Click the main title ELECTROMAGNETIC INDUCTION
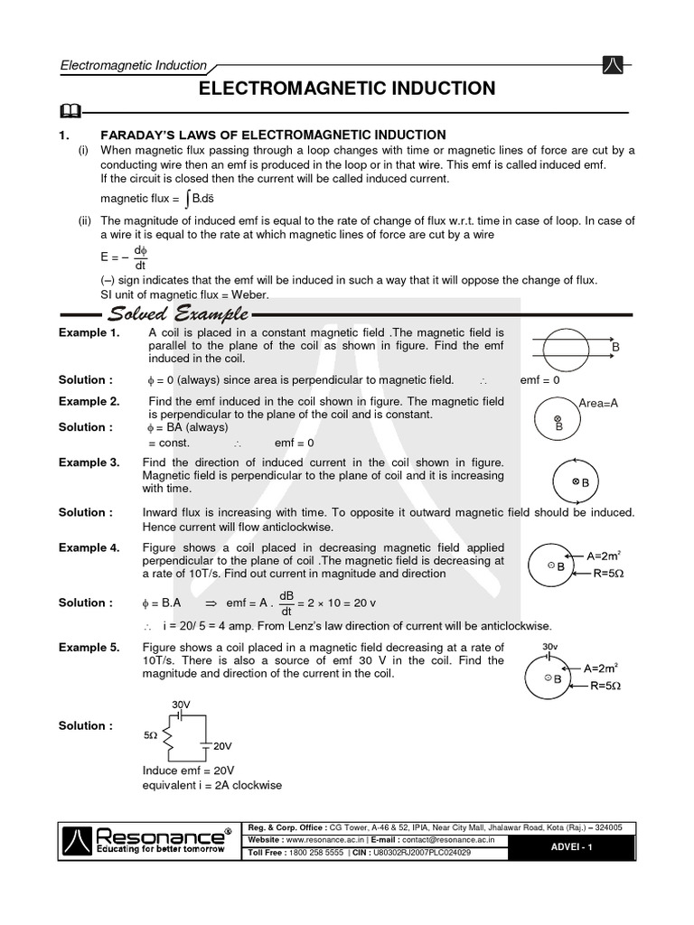pyautogui.click(x=346, y=88)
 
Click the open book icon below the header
pyautogui.click(x=68, y=112)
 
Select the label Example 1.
pyautogui.click(x=89, y=333)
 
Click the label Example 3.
pyautogui.click(x=89, y=462)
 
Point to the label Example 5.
pyautogui.click(x=89, y=648)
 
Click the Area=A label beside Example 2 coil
pyautogui.click(x=598, y=403)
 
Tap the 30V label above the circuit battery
pyautogui.click(x=181, y=705)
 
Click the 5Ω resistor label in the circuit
pyautogui.click(x=151, y=737)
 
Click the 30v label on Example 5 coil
pyautogui.click(x=550, y=648)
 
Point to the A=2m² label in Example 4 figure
pyautogui.click(x=601, y=556)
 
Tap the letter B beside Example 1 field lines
pyautogui.click(x=615, y=347)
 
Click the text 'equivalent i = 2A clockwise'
pyautogui.click(x=212, y=785)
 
